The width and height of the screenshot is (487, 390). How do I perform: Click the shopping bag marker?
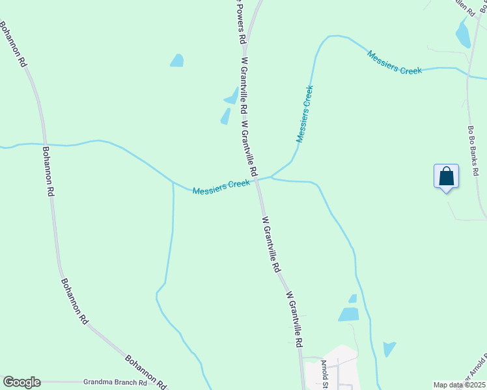(x=446, y=176)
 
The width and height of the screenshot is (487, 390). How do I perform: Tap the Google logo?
(x=21, y=382)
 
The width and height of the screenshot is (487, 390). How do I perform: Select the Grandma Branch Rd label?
(x=115, y=382)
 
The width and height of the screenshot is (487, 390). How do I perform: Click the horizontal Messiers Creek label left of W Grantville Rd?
(x=221, y=187)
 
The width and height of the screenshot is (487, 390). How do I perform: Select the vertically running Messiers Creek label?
(x=305, y=114)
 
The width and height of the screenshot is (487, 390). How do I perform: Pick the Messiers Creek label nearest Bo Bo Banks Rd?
(x=395, y=62)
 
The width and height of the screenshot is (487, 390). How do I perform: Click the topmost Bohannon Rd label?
(x=12, y=45)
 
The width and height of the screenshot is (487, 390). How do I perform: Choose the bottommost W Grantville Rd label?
(x=294, y=318)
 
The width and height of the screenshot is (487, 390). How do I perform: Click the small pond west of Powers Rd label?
(x=177, y=60)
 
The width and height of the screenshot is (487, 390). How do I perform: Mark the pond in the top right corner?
(x=463, y=34)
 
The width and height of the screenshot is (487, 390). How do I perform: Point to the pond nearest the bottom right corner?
(x=389, y=349)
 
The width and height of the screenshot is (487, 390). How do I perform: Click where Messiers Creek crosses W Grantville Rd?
(x=258, y=179)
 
